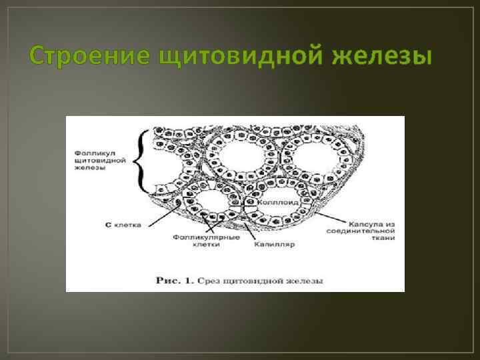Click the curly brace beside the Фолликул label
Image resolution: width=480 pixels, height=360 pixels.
click(x=141, y=161)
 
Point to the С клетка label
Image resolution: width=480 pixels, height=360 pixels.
click(x=124, y=225)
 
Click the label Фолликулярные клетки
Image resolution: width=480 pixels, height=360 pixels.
click(x=199, y=240)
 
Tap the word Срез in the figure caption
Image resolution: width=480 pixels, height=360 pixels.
click(x=212, y=281)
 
